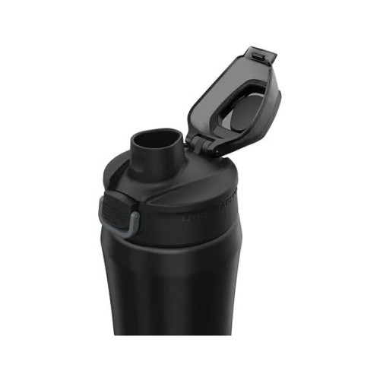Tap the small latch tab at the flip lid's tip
pyautogui.click(x=258, y=55)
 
